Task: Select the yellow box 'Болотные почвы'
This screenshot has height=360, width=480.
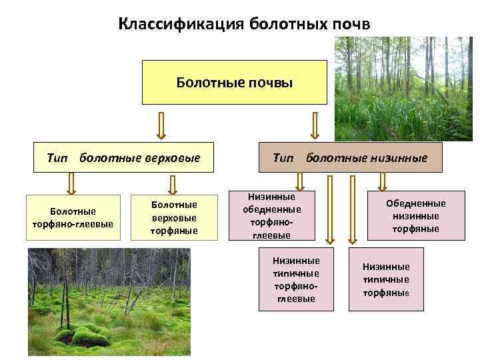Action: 234,82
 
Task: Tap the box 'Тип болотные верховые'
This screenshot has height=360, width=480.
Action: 124,158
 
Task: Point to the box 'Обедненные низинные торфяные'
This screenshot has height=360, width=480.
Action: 416,216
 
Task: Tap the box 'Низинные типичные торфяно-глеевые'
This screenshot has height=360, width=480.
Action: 296,280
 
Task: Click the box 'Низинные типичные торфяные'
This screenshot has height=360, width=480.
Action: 387,279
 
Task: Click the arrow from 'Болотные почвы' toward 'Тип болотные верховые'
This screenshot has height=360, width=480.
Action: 161,125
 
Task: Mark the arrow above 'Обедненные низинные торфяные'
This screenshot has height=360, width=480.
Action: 382,181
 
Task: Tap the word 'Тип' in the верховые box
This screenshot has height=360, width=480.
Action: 58,158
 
